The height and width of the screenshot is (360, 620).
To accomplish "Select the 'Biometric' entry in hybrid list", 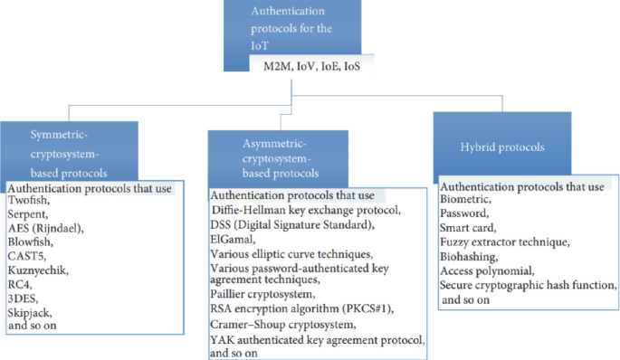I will tap(465, 200).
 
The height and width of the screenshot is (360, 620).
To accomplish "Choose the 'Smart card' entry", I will tap(470, 229).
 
